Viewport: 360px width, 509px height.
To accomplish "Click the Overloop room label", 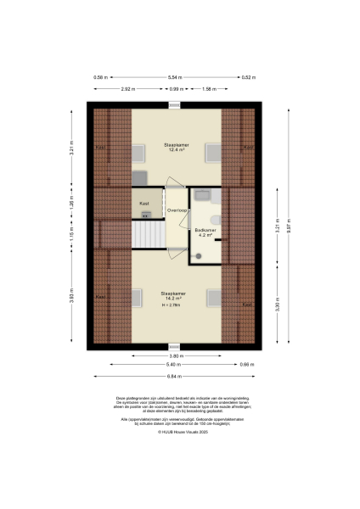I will point(177,209).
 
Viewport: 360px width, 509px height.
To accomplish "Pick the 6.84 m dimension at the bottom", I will point(177,376).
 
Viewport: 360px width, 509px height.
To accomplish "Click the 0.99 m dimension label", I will point(175,88).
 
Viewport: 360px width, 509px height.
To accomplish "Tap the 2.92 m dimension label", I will point(127,88).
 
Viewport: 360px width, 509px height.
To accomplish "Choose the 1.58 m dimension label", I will point(208,88).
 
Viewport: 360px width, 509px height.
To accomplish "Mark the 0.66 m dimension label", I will point(246,366).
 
